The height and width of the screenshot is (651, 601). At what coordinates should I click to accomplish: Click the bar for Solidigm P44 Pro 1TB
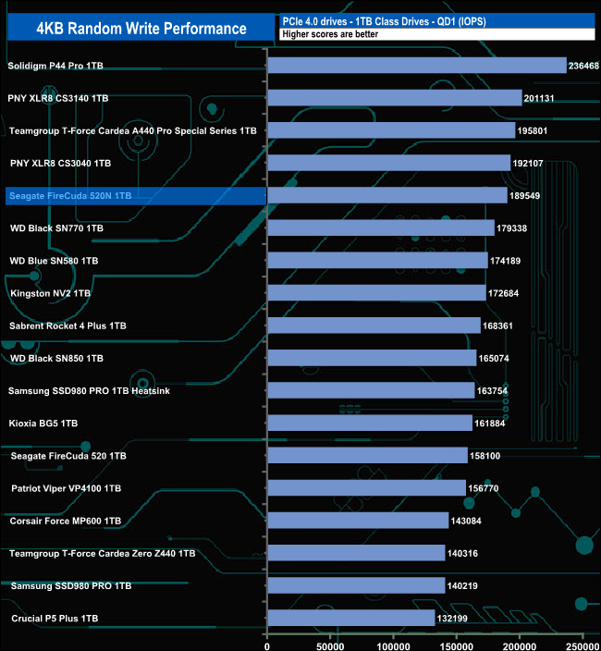[416, 66]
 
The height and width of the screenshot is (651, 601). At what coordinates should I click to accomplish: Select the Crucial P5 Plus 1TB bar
[350, 618]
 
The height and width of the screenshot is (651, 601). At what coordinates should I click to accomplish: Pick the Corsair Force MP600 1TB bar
[358, 521]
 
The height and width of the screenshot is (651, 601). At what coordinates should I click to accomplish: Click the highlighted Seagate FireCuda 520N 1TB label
[70, 196]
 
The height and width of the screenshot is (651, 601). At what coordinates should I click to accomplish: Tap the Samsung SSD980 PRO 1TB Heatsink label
[89, 390]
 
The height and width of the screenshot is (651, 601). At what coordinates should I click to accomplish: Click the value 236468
[584, 67]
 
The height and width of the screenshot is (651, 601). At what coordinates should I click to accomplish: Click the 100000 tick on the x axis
[394, 639]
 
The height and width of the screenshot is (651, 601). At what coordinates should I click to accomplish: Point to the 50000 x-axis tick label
[330, 639]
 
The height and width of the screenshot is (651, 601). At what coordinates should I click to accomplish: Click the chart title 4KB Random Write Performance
[141, 28]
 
